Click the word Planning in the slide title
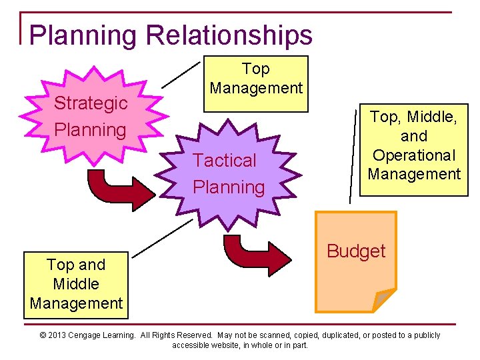(83, 35)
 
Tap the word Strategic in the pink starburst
(91, 103)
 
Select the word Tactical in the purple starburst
(225, 161)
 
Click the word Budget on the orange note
(356, 251)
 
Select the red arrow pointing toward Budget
(253, 254)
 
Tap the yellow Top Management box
(257, 83)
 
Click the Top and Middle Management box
(76, 283)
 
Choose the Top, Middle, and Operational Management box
(414, 149)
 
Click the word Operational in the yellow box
(414, 155)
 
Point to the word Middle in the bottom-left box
(76, 284)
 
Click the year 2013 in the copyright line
(59, 335)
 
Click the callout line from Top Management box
(181, 75)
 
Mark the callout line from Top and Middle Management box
(161, 238)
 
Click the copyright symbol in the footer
(43, 335)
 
